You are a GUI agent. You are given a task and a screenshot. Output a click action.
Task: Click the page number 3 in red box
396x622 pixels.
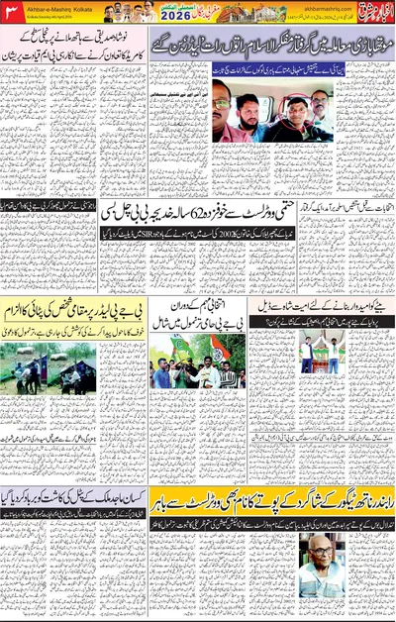tap(11, 11)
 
